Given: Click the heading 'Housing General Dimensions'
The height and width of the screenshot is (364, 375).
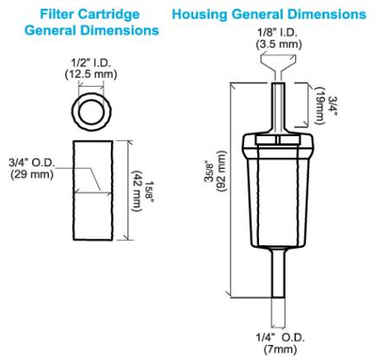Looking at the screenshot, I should coord(268,15).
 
